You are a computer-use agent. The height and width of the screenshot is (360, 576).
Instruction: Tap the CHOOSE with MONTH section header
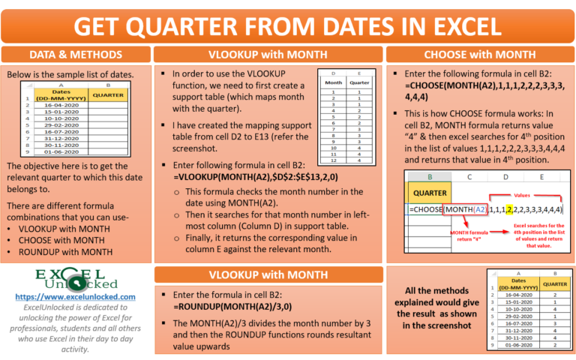pyautogui.click(x=479, y=55)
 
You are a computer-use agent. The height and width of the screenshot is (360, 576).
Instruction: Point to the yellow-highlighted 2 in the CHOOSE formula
pyautogui.click(x=510, y=209)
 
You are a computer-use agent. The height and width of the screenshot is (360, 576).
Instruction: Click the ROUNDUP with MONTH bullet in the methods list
pyautogui.click(x=61, y=251)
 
